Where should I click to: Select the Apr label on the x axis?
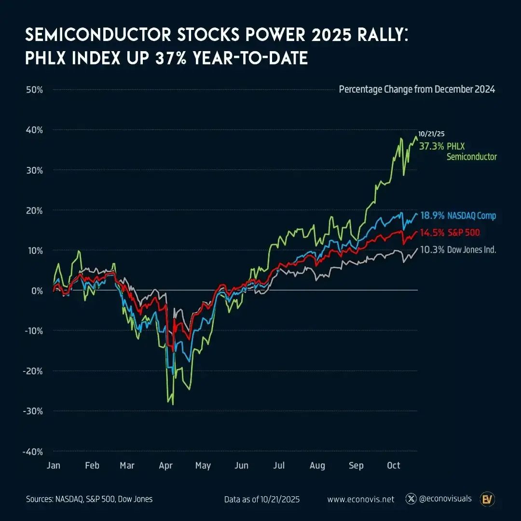tap(166, 466)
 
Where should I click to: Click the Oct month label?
tap(394, 466)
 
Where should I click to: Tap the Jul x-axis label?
tap(279, 466)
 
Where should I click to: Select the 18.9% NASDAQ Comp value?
tap(432, 216)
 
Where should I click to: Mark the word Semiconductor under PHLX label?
tap(472, 157)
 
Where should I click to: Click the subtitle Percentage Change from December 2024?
tap(417, 90)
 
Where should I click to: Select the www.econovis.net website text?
tap(361, 499)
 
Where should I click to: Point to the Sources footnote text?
tap(89, 499)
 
